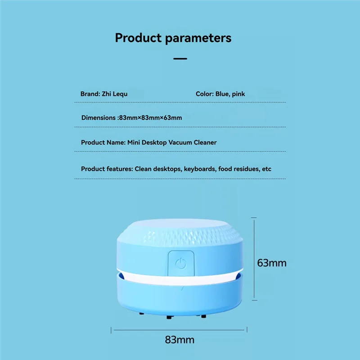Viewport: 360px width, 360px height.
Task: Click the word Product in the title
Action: point(138,37)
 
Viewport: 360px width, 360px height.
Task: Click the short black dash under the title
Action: point(180,58)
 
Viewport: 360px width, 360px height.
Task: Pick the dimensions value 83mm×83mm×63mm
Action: point(150,118)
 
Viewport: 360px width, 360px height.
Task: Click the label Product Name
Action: point(101,142)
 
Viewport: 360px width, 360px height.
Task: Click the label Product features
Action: point(106,169)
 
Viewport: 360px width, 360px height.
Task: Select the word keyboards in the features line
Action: point(197,169)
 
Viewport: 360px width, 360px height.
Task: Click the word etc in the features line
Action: point(267,169)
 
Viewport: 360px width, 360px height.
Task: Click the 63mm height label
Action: point(271,262)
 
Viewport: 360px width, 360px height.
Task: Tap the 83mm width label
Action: point(180,339)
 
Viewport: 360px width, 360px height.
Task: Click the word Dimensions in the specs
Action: point(99,118)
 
